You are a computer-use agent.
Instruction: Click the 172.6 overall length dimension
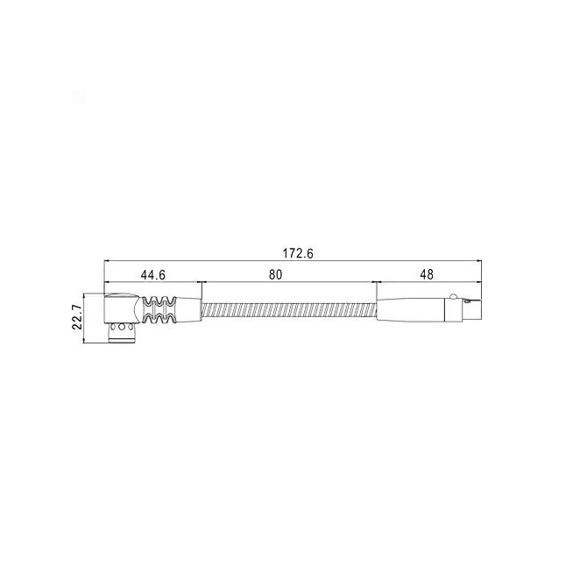[x=298, y=253]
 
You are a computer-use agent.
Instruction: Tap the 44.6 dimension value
[x=152, y=275]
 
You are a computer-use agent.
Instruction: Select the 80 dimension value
[x=275, y=275]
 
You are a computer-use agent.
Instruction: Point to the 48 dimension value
[x=427, y=275]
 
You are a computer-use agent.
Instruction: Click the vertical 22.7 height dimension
[x=77, y=316]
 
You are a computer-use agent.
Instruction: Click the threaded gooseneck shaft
[x=289, y=310]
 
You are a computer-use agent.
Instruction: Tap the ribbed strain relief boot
[x=159, y=310]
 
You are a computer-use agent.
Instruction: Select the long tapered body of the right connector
[x=410, y=310]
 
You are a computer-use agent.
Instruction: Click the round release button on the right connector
[x=453, y=296]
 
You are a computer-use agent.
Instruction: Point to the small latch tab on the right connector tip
[x=467, y=301]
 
